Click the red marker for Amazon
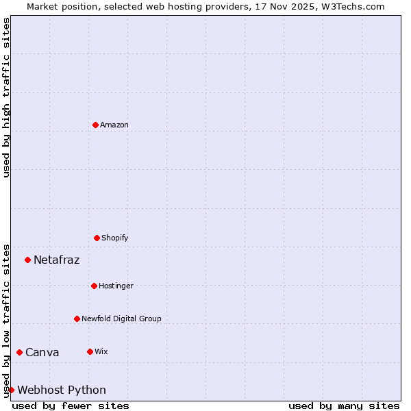[96, 125]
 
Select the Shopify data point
[97, 238]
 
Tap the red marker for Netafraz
[27, 260]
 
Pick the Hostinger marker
[94, 286]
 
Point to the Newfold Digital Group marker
[77, 319]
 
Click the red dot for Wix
[90, 351]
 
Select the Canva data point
[19, 352]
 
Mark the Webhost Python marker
[12, 390]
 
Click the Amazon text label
[114, 125]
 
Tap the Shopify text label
[115, 238]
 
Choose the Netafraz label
[57, 260]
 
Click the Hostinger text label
[116, 286]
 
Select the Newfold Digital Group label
[121, 319]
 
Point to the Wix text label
[101, 351]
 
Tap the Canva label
[42, 352]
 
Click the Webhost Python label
[62, 390]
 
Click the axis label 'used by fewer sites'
[71, 406]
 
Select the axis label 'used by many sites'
[344, 406]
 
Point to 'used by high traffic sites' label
[6, 97]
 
